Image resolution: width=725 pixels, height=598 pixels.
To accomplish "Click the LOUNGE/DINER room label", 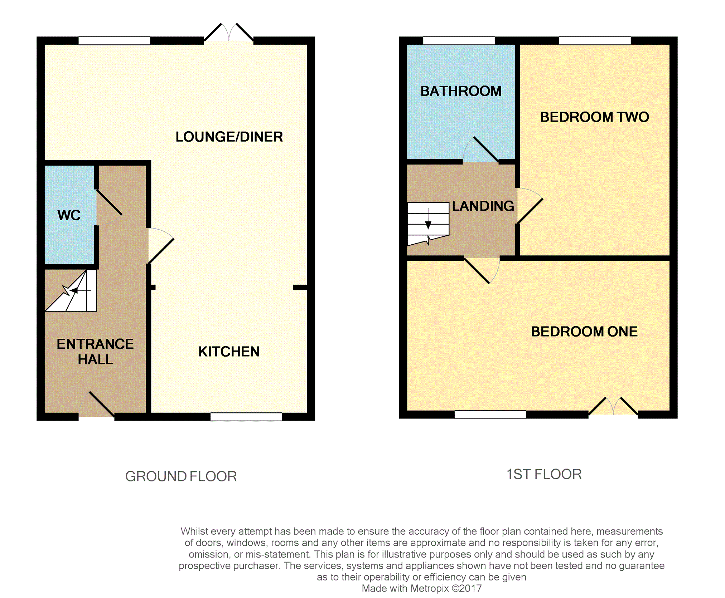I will point(229,137).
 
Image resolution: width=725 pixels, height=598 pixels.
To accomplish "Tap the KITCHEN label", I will point(229,352).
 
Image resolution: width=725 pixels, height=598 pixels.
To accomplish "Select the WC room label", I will point(69,215).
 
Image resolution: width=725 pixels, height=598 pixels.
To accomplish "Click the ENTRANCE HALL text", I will point(95,352).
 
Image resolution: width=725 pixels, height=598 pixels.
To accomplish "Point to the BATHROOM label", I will point(461,91).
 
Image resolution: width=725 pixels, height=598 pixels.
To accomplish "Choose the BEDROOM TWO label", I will point(594,117).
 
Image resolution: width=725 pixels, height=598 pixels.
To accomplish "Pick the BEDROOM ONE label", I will point(584,332).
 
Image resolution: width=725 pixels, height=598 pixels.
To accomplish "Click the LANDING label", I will point(483,206).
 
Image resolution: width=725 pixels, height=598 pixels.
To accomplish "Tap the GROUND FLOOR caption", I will point(181,476).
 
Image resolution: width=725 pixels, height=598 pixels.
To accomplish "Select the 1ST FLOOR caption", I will point(544,474).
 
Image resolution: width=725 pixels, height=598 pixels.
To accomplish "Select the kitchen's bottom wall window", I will point(246,417).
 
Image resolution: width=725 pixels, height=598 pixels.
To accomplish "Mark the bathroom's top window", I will point(459,41).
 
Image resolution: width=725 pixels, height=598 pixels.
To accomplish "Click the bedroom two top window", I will point(595,41).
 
